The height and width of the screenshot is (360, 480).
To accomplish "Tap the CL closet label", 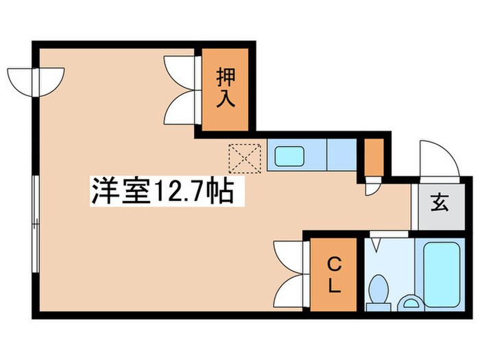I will pos(333,275).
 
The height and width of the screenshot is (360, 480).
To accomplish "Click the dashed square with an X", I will pos(243,158).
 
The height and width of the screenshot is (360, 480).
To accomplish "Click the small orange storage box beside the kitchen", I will pos(374,156).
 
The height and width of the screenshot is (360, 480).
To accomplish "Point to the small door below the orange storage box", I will pos(372,185).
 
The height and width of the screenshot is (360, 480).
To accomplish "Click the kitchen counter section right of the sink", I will pos(340,155).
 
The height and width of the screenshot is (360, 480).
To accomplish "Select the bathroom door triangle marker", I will pos(376,243).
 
